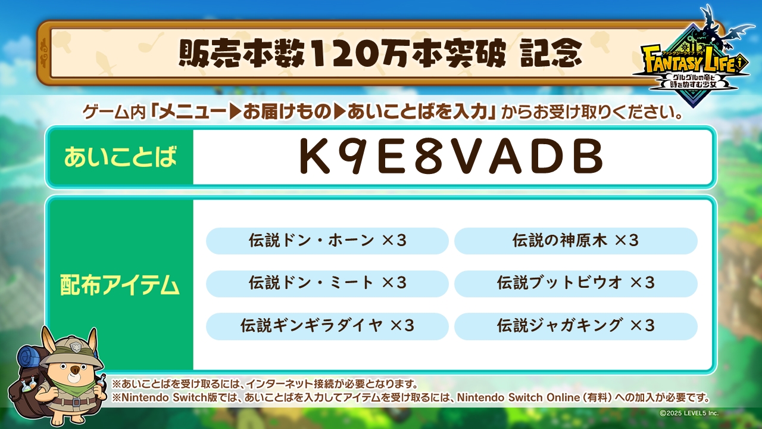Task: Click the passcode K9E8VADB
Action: click(451, 157)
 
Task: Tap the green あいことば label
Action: click(121, 157)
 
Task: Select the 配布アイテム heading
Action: click(120, 285)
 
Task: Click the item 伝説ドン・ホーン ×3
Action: click(327, 241)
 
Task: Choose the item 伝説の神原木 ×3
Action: click(576, 241)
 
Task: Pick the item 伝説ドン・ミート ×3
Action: click(327, 284)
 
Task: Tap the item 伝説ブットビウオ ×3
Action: click(576, 284)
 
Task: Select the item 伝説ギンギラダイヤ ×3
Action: click(327, 326)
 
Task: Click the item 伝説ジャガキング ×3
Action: click(576, 326)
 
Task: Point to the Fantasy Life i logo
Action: click(694, 65)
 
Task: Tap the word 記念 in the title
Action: click(551, 54)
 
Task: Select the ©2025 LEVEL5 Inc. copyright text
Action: click(689, 413)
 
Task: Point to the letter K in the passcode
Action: click(314, 157)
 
